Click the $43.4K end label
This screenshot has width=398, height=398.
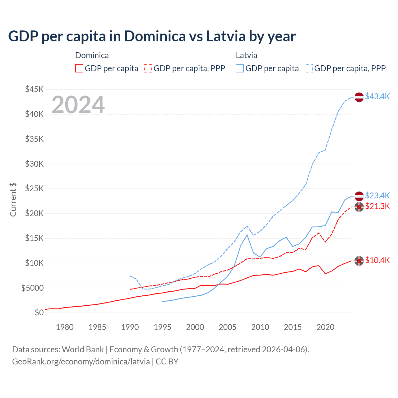click(x=377, y=96)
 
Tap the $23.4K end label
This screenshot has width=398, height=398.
click(x=377, y=196)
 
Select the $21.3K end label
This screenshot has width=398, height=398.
click(x=377, y=206)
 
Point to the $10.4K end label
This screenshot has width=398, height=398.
click(x=377, y=260)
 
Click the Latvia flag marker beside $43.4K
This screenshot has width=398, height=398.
click(x=359, y=97)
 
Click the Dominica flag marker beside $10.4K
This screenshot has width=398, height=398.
click(x=359, y=261)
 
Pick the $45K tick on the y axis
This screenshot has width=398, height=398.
click(x=34, y=90)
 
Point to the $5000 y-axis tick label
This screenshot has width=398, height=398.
click(x=32, y=288)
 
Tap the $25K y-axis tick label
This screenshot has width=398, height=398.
click(x=34, y=189)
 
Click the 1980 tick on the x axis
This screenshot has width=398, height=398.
click(x=65, y=327)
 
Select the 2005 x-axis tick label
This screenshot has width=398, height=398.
click(x=228, y=327)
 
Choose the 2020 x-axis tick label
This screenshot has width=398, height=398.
click(x=325, y=327)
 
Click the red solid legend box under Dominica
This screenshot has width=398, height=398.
click(x=79, y=68)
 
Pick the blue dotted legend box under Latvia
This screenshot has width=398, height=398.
click(x=309, y=68)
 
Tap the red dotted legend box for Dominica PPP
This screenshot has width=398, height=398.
click(x=148, y=68)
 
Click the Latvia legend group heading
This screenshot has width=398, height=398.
click(x=246, y=55)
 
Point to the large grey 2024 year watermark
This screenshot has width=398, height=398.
click(x=78, y=105)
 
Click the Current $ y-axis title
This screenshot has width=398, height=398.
click(x=13, y=200)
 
